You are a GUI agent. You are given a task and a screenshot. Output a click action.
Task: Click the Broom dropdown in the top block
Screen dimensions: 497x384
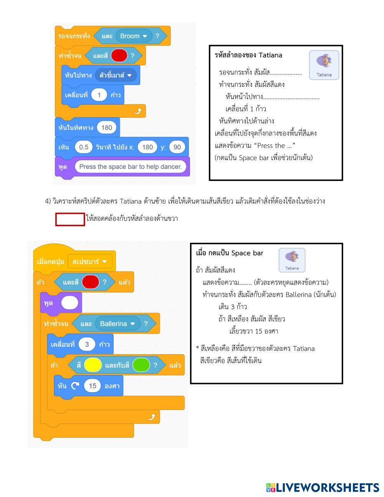tap(134, 36)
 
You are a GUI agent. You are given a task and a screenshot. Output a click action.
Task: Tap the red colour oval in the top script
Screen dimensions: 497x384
tap(119, 56)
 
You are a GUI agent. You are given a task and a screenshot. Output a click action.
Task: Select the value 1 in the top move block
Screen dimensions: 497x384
tap(99, 95)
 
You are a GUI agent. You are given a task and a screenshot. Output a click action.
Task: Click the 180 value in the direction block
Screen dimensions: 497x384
tap(106, 128)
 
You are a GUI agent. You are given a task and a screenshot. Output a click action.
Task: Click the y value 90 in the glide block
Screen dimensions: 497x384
tap(177, 147)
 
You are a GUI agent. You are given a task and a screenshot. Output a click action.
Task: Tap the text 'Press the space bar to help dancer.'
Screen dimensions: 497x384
tap(130, 167)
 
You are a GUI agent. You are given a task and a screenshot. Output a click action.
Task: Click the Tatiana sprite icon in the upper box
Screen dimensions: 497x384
tap(324, 65)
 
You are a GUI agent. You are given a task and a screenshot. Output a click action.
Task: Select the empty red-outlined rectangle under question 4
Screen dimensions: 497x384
tap(70, 219)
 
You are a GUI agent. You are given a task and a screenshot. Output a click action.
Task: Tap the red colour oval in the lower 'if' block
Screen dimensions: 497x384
tap(91, 282)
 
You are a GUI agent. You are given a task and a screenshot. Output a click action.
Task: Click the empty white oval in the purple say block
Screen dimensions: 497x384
tap(70, 303)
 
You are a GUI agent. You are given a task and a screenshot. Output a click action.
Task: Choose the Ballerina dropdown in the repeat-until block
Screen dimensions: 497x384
tap(117, 324)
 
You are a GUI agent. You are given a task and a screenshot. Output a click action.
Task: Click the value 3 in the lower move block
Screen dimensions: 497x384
tap(87, 344)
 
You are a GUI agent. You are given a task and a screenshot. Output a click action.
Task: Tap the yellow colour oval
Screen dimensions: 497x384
tap(93, 365)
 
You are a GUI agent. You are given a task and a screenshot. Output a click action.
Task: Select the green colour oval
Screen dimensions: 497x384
tap(141, 365)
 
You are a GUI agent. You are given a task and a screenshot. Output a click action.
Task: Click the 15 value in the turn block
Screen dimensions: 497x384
tap(92, 386)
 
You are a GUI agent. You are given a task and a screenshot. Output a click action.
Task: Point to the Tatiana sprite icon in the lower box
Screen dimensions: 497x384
tap(292, 260)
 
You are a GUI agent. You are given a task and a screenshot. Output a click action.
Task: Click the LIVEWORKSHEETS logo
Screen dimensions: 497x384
tap(322, 487)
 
